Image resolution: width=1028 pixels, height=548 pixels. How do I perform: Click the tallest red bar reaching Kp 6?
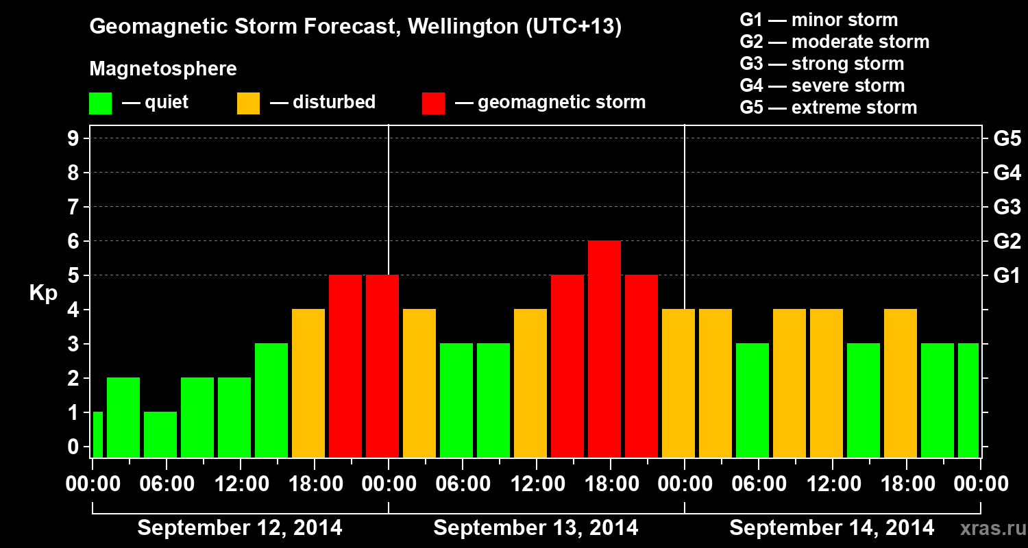tap(604, 349)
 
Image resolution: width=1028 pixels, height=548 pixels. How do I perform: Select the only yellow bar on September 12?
tap(308, 383)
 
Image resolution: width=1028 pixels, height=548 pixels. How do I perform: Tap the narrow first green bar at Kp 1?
tap(97, 434)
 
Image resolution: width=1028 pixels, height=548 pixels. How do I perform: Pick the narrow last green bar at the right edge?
tap(968, 400)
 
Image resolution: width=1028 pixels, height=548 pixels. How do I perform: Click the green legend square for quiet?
tap(100, 103)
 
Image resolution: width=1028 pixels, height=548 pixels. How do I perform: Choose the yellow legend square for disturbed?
tap(248, 103)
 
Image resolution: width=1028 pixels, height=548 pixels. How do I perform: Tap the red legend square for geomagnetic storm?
tap(433, 103)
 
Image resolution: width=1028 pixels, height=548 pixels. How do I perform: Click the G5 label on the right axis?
tap(1007, 139)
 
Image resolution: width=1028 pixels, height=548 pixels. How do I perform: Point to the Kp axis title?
tap(42, 292)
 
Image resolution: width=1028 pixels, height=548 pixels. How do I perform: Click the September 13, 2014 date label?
tap(536, 528)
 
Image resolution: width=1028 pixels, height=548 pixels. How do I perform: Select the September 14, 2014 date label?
tap(831, 528)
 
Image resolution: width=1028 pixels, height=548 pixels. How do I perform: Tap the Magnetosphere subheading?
tap(163, 69)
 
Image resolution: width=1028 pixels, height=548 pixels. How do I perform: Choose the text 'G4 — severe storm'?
tap(822, 86)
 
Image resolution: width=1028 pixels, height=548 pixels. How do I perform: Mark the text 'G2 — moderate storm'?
tap(835, 42)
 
